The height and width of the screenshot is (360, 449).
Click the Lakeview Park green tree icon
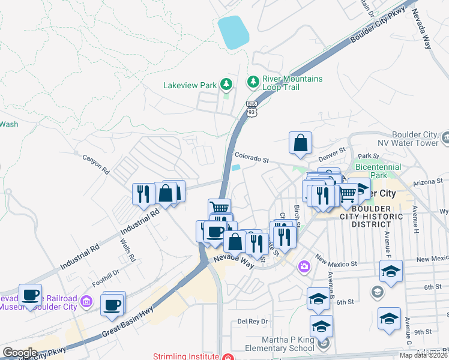tap(226, 84)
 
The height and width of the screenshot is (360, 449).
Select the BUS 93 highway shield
tap(252, 108)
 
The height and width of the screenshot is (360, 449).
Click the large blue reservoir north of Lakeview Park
tap(233, 32)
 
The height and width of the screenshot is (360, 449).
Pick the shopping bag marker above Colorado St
tap(300, 143)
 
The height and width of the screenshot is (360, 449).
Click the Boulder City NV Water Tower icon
tap(444, 139)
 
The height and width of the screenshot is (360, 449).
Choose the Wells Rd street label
tap(128, 251)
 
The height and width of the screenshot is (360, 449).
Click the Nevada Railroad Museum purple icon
tap(86, 302)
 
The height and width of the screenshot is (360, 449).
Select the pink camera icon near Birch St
tap(304, 266)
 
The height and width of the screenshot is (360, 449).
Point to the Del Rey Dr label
tap(251, 321)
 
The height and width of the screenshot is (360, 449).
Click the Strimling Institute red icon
tap(227, 356)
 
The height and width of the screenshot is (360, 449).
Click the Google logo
tap(20, 353)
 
